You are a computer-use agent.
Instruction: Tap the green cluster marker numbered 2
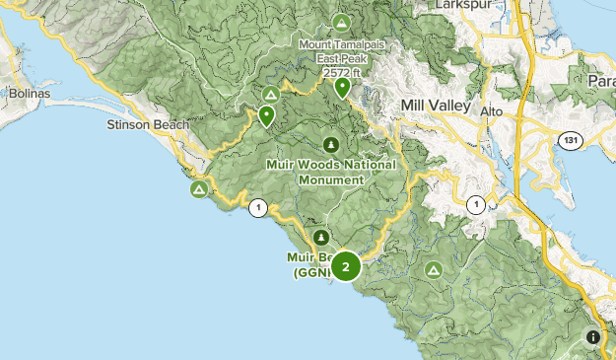coord(345,266)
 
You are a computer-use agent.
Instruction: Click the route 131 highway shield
coord(569,141)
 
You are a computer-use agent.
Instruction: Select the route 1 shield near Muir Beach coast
coord(258,207)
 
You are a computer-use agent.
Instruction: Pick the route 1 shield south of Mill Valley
coord(477,204)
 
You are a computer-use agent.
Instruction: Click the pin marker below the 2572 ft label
coord(342,88)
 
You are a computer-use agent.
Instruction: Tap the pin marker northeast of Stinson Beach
coord(266,116)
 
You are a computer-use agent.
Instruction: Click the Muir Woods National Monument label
coord(331,172)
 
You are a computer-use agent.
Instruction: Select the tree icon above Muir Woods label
coord(331,144)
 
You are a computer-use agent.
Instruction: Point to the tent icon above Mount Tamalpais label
coord(341,22)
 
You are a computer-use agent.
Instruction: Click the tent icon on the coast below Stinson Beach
coord(199,187)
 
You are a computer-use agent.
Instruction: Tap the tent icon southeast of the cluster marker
coord(433,269)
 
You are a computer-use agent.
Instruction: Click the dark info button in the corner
coord(592,337)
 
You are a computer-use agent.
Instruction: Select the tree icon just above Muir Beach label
coord(321,238)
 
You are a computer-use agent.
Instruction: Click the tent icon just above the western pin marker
coord(270,95)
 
